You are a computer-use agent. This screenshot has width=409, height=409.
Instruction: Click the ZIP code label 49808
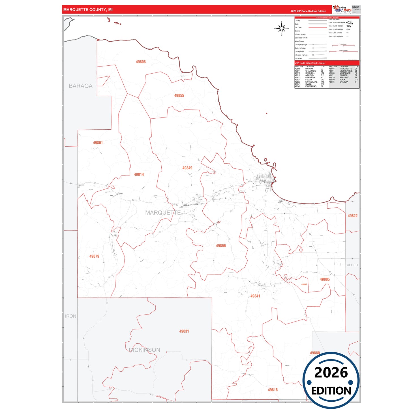coord(141,62)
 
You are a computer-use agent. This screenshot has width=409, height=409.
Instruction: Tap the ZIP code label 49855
coord(179,96)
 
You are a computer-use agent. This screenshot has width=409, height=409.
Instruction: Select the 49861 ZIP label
coord(98,143)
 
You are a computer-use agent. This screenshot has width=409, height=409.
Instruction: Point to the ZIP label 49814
coord(139,175)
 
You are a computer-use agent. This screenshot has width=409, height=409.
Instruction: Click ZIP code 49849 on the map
coord(187,168)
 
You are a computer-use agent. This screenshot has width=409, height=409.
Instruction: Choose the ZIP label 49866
coord(221,246)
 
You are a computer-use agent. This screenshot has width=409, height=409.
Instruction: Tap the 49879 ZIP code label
coord(94,256)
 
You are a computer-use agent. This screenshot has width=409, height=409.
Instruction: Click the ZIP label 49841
coord(255,296)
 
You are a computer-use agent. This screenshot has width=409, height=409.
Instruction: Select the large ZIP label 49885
coord(325,279)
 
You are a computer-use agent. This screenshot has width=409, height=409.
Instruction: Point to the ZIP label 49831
coord(184,331)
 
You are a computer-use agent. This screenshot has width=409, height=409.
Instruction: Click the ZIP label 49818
coord(273,390)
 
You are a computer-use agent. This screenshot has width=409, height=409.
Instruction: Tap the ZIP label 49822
coord(353,216)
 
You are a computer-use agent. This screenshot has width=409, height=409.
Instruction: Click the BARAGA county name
coord(81,86)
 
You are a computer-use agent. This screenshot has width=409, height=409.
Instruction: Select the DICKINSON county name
coord(144,350)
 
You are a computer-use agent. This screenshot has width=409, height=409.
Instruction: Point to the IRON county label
coord(71,316)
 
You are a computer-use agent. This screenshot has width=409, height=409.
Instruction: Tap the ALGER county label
coord(352,265)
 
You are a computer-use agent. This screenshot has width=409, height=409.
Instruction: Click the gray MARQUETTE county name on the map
coord(163,213)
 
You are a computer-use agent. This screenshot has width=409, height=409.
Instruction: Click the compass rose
coord(282,28)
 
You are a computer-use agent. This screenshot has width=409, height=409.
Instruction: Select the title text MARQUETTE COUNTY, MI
coord(88,10)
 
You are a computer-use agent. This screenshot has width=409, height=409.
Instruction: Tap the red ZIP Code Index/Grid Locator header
coord(310,63)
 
